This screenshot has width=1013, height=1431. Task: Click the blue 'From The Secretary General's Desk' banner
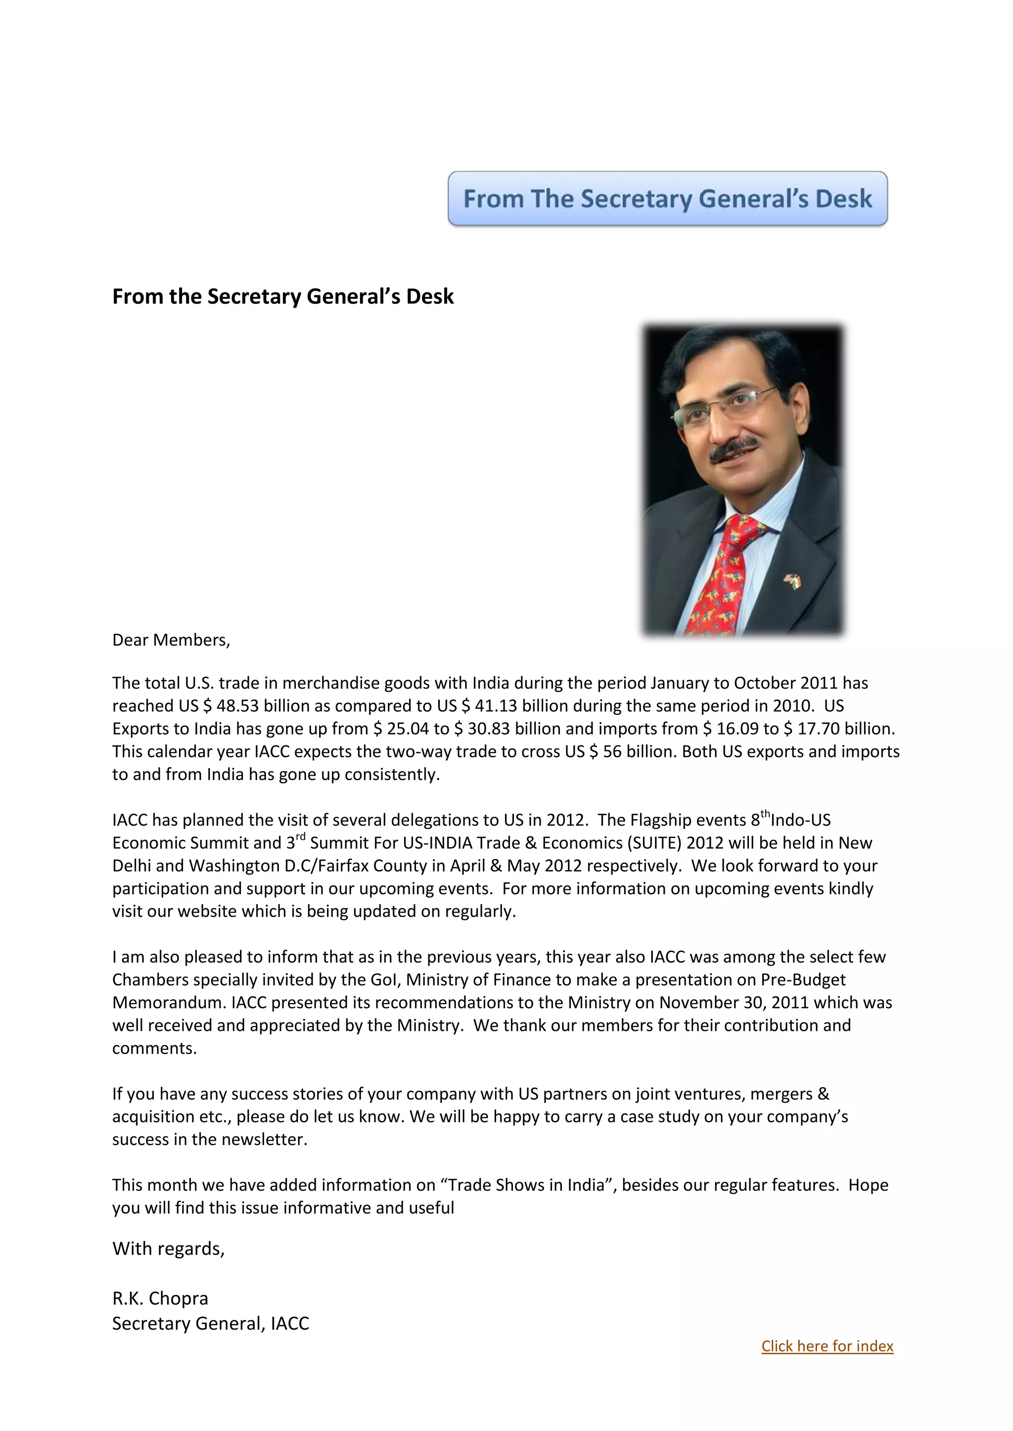[x=667, y=198]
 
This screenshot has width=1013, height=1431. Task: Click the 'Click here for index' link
[x=827, y=1345]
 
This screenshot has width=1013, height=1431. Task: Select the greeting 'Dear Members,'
[x=171, y=640]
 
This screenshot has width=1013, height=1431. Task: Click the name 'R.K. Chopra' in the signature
[x=160, y=1298]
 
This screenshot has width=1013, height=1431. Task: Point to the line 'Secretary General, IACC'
[x=210, y=1323]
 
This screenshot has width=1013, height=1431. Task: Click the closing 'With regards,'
[x=168, y=1248]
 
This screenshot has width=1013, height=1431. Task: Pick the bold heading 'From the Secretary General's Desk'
[x=282, y=296]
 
